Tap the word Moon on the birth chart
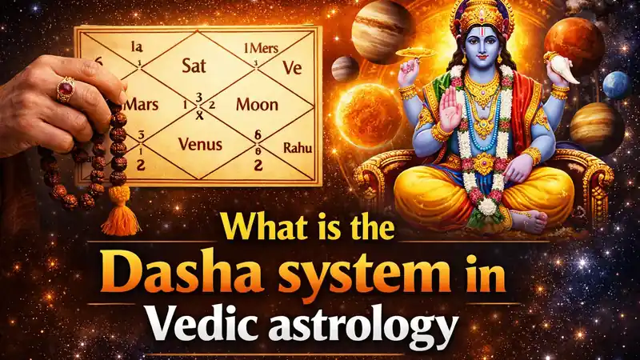(x=257, y=106)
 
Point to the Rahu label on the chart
(x=298, y=147)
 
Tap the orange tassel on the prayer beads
(x=122, y=212)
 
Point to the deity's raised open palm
(x=451, y=114)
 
